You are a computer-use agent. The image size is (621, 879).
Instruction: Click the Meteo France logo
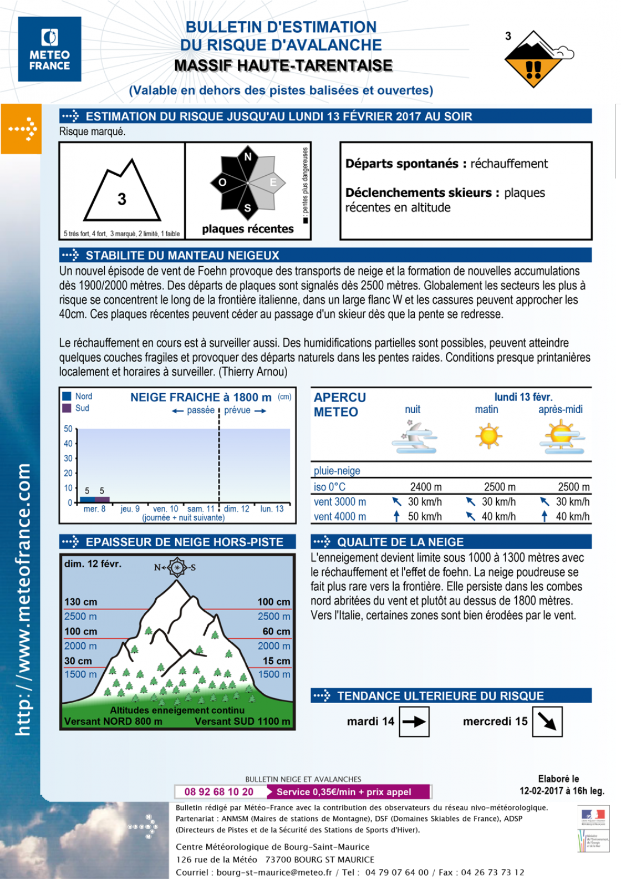tap(49, 49)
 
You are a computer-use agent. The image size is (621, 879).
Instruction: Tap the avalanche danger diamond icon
tap(533, 60)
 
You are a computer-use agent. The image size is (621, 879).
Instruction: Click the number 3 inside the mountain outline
tap(122, 199)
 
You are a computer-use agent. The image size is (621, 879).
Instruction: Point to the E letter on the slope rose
tap(273, 182)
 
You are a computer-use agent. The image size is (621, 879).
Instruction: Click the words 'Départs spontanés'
tap(401, 164)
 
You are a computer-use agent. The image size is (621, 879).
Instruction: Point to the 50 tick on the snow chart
tap(68, 429)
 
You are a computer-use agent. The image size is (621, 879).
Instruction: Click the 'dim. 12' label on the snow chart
tap(237, 509)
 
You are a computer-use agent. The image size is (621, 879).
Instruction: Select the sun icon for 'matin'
tap(488, 435)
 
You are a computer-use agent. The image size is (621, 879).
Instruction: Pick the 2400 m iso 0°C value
tap(426, 487)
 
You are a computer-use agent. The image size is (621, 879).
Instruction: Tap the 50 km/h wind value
tap(425, 516)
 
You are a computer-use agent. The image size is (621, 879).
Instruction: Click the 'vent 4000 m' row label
tap(340, 516)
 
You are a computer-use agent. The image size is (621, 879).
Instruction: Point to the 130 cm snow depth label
tap(80, 602)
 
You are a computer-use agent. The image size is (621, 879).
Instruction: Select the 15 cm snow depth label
tap(276, 661)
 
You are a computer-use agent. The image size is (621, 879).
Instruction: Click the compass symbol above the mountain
tap(176, 567)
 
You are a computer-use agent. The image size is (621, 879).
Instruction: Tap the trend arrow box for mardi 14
tap(414, 722)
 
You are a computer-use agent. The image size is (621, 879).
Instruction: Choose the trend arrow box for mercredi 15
tap(547, 722)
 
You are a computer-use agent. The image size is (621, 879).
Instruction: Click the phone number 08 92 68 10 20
tap(219, 792)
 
